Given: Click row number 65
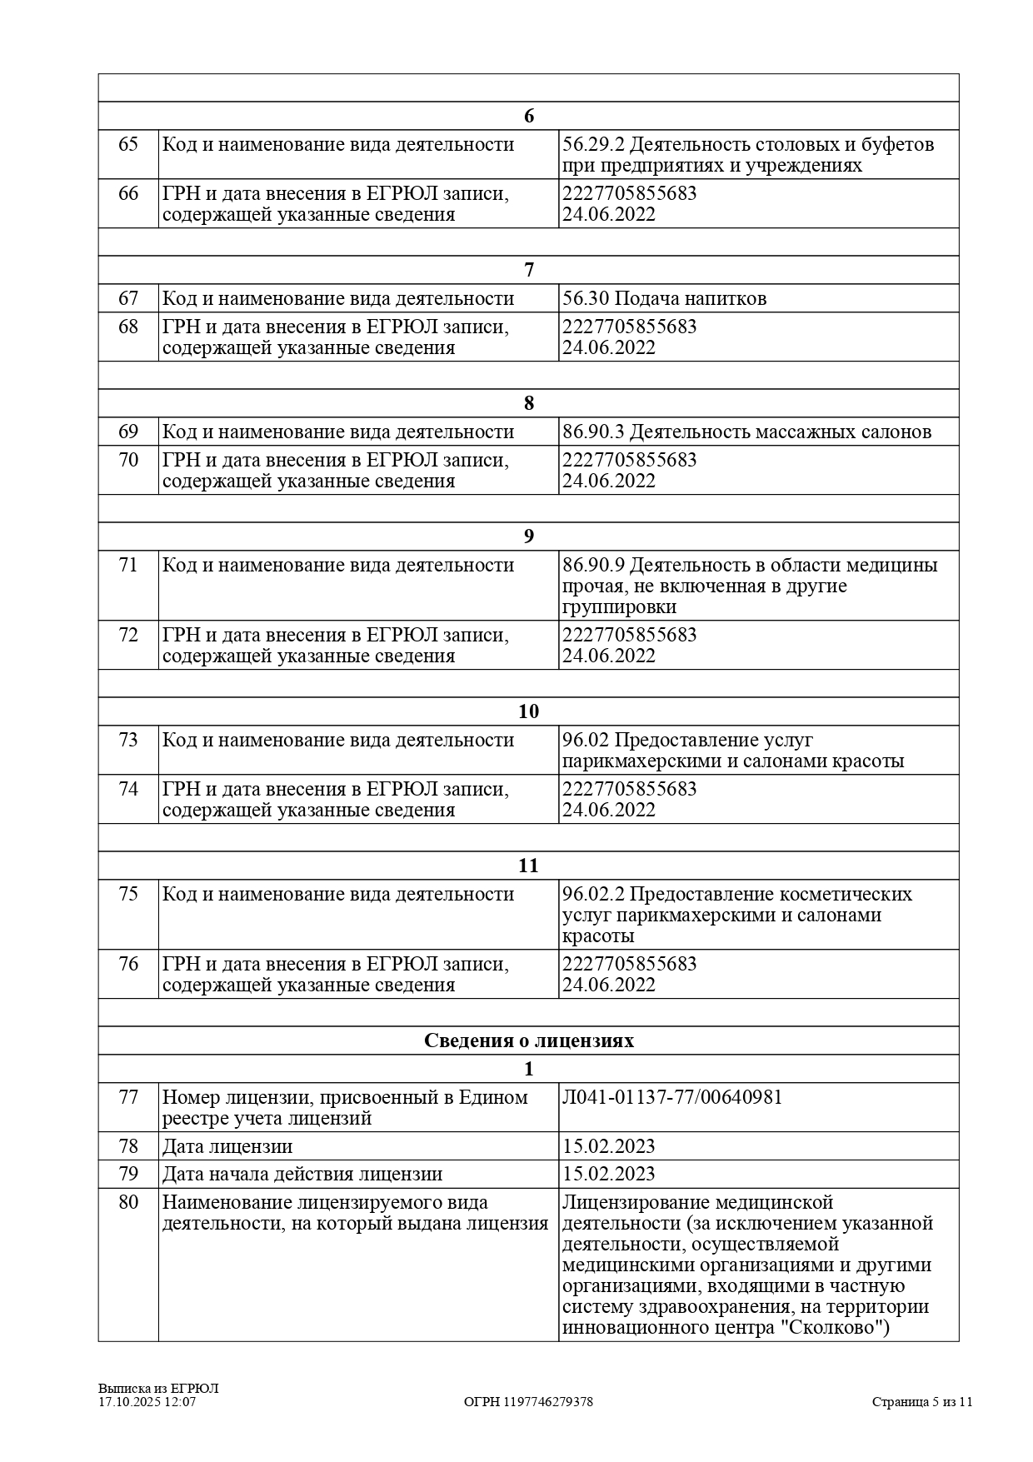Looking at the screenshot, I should pos(128,144).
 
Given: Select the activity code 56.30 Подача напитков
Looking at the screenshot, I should pos(664,298).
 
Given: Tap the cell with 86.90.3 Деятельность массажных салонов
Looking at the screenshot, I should pos(746,432).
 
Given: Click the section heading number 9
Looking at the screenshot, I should pos(528,536).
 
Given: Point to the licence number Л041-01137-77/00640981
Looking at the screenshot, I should pos(672,1097).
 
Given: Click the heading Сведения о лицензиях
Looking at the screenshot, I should pos(528,1040).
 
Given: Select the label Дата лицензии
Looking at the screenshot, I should pos(227,1146).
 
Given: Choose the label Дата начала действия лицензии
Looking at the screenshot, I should pos(302,1174).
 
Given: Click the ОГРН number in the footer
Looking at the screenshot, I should pos(528,1402).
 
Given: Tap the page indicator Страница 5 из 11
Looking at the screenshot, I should pos(922,1402).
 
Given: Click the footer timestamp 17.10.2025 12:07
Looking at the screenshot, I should pos(147,1402).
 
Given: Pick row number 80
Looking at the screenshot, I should pos(128,1202).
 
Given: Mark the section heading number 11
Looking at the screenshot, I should pos(528,866).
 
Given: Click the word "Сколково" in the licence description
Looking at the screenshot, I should pos(831,1327).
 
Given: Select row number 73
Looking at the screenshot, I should pos(128,740).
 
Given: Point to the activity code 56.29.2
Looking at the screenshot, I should pos(593,144).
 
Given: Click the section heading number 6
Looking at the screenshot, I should pos(528,116).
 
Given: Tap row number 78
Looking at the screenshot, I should pos(128,1146).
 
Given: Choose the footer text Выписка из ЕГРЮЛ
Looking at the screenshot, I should pos(158,1389).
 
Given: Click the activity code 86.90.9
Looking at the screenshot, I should pos(593,565).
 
